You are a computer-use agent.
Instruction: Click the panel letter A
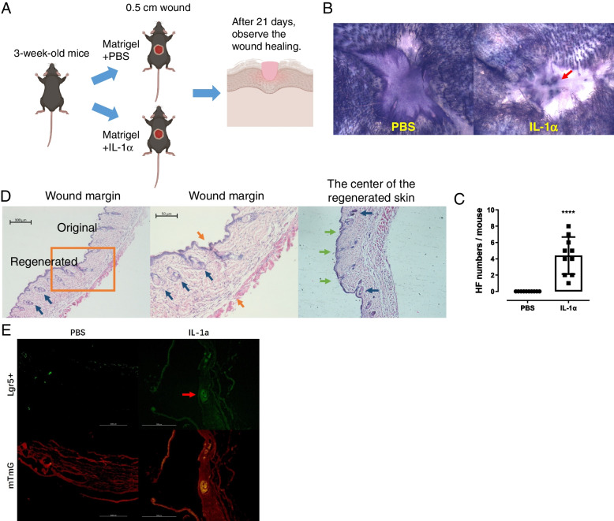point(9,9)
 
